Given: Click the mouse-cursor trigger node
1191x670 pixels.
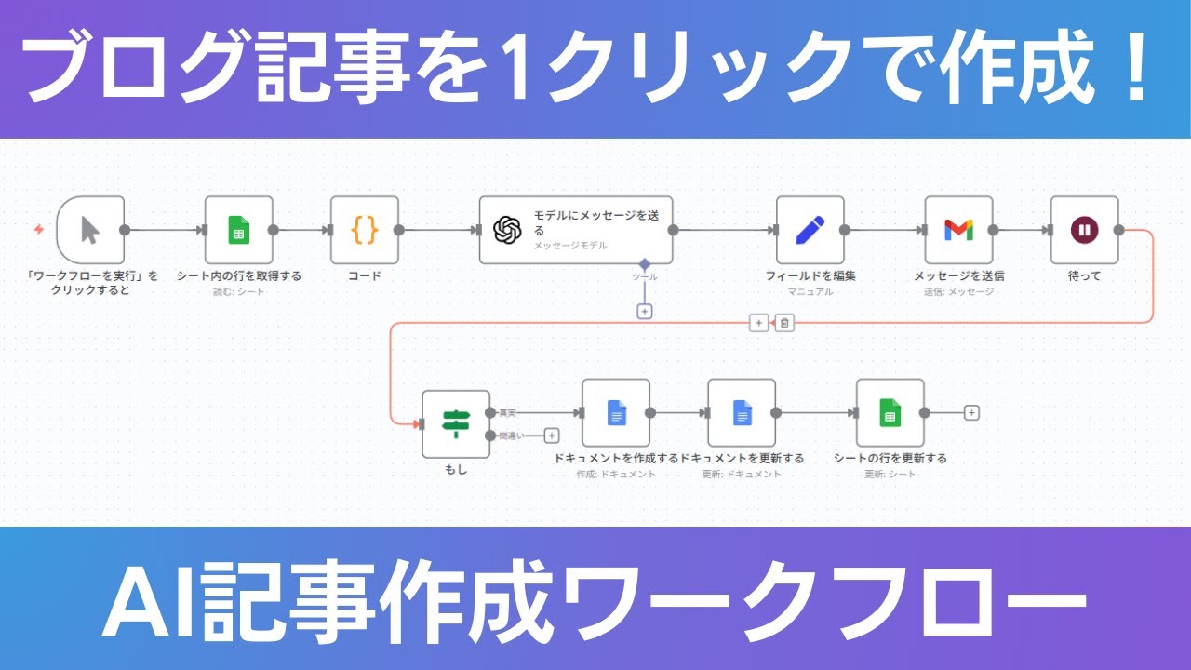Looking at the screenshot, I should [90, 230].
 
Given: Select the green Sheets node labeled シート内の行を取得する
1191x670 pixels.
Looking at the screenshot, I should [239, 230].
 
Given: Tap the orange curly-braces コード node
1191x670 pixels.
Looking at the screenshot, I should [365, 230].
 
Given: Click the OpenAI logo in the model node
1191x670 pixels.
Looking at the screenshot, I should [506, 230].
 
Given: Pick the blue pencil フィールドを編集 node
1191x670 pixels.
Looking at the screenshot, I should [810, 230].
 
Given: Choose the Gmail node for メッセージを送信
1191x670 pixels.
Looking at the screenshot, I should [958, 230].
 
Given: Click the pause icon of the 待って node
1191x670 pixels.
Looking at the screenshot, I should [1084, 230].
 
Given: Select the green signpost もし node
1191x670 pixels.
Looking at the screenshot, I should [456, 424].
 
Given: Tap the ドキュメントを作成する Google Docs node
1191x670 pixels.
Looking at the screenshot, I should [616, 412].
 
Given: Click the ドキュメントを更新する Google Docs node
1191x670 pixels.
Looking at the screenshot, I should [742, 412].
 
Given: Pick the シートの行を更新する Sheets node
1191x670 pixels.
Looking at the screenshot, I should [890, 412].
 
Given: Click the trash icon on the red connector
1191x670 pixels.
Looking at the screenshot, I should [784, 323].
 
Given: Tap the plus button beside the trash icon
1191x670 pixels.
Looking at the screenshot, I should [758, 323].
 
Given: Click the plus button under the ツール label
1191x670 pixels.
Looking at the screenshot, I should [644, 311].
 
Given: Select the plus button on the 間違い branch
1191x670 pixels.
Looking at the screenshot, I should [552, 435].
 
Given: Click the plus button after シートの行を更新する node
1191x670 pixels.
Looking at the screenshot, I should [971, 412].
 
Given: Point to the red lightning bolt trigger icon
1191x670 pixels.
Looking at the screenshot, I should [39, 230].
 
